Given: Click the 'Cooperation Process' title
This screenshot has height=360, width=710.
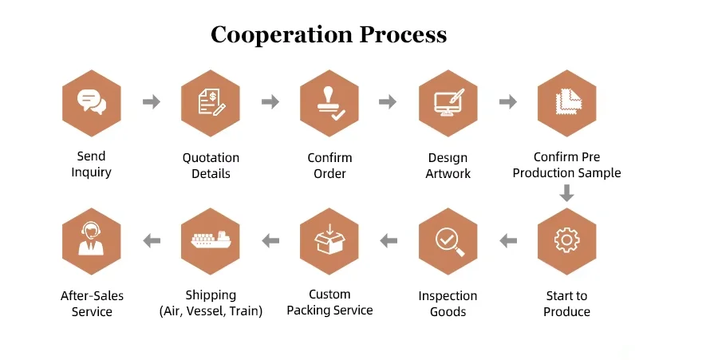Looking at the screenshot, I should coord(328,35).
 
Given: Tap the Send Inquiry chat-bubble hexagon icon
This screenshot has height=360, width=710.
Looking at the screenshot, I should coord(91,103).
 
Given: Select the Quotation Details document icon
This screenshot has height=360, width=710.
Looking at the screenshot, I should coord(211,103).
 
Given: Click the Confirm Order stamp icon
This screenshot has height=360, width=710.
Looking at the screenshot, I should coord(329,103).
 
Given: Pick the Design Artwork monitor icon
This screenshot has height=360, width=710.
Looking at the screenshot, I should coord(448,103).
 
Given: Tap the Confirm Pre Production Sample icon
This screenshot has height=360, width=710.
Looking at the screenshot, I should coord(566,103).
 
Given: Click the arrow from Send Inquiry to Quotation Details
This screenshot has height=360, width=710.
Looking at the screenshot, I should coord(151,102).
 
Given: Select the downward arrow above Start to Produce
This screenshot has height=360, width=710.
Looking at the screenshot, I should coord(566,192).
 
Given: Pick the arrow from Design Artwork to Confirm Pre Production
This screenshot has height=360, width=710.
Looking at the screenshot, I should coord(507,102).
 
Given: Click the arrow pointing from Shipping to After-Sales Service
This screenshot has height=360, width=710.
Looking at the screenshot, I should coord(151,239).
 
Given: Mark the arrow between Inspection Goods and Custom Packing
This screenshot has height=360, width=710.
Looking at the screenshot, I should coord(389,239).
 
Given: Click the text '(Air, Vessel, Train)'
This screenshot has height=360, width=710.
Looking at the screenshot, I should coord(211,311).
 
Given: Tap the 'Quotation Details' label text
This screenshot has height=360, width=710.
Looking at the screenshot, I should coord(211,165).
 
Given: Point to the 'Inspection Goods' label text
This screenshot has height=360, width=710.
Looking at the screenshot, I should coord(448,303).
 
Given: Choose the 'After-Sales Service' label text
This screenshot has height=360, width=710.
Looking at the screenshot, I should coord(92,303).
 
